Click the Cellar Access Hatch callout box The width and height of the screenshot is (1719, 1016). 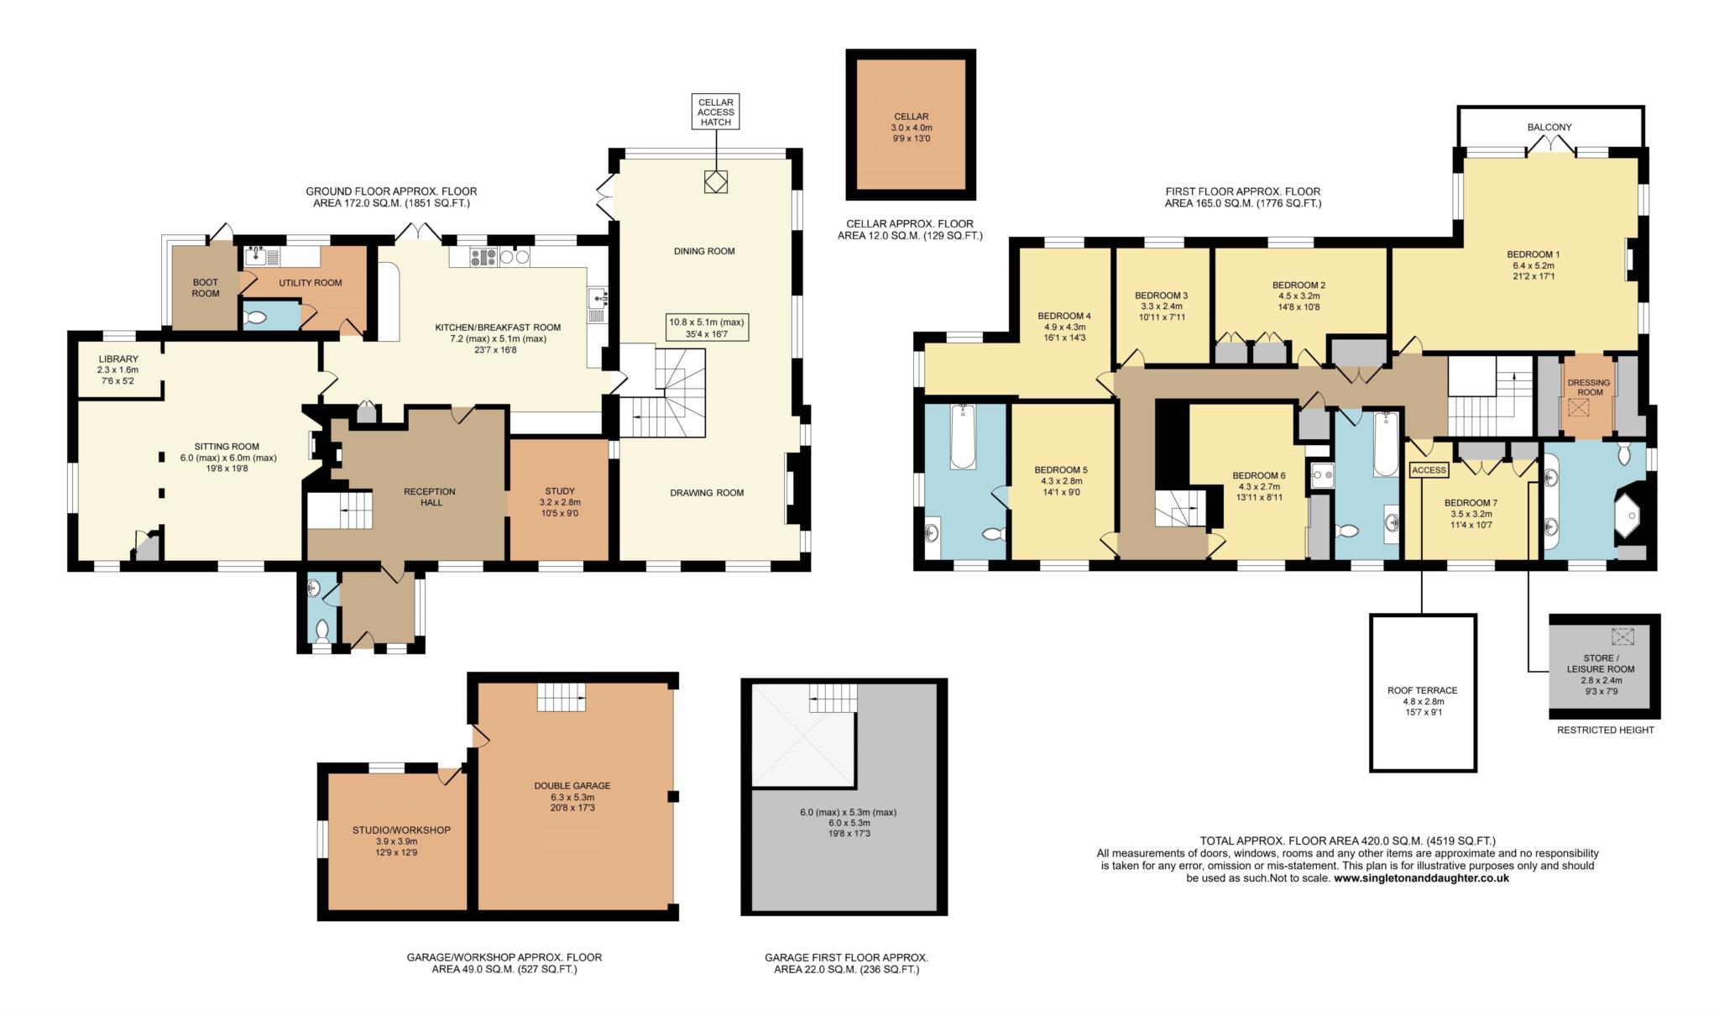click(x=715, y=112)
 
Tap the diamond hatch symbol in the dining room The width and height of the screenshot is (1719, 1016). click(x=715, y=182)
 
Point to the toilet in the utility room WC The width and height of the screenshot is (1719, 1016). click(x=256, y=318)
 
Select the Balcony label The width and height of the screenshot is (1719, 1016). click(x=1549, y=128)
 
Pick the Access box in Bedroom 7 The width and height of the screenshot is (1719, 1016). click(x=1429, y=470)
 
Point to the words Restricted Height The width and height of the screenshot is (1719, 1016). click(x=1605, y=731)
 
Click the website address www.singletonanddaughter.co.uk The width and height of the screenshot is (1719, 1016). click(x=1421, y=878)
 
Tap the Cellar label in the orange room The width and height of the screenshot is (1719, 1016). click(x=911, y=117)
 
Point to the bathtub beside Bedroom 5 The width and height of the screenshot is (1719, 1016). click(x=963, y=437)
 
